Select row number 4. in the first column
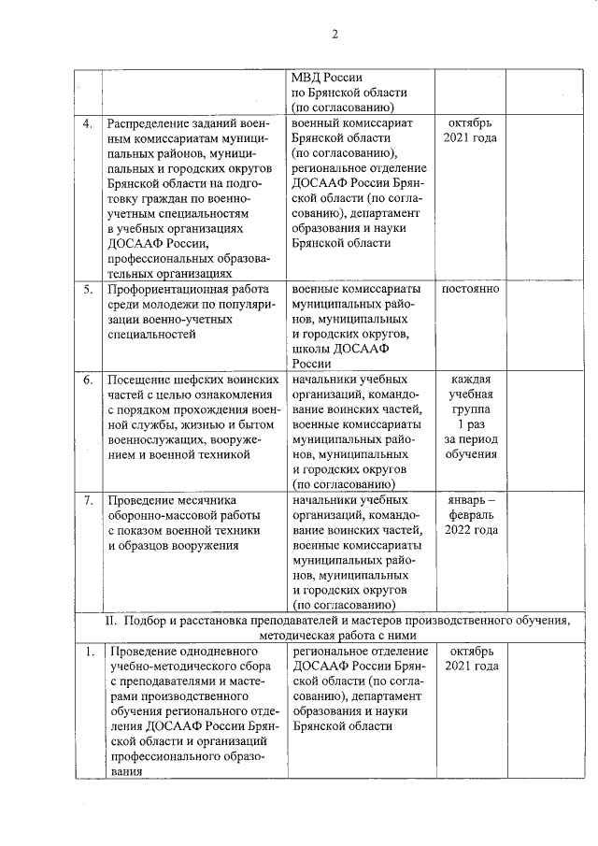[x=87, y=124]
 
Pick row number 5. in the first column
[x=87, y=289]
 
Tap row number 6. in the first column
[x=87, y=380]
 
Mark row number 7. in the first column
[x=87, y=500]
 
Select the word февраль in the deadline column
[x=471, y=515]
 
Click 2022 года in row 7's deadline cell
[x=471, y=530]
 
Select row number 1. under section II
[x=87, y=651]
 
